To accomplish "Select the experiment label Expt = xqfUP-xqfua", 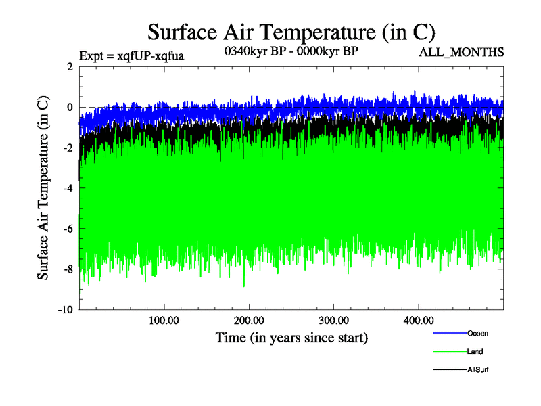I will (x=132, y=55).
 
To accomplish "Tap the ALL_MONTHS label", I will (x=461, y=52).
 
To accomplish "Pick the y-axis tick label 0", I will (x=70, y=107).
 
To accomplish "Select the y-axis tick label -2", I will (x=68, y=148).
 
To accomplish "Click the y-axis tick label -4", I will (x=68, y=188).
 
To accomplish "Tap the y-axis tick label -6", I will (x=68, y=229).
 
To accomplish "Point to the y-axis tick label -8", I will (x=68, y=269).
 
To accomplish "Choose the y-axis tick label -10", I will (x=65, y=310).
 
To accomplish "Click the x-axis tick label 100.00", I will (x=164, y=320).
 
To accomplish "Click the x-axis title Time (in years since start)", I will (x=291, y=337).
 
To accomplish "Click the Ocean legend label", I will (x=477, y=333).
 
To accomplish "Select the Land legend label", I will (x=475, y=351).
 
